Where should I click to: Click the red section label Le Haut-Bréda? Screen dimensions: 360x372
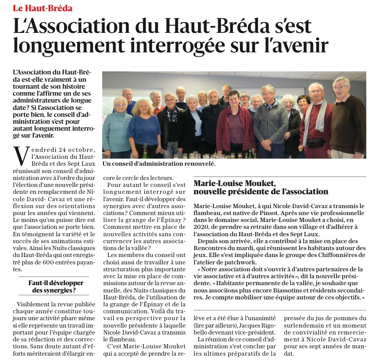(42, 8)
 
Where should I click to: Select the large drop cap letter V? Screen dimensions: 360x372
(21, 157)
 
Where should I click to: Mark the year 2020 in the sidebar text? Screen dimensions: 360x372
(201, 227)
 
